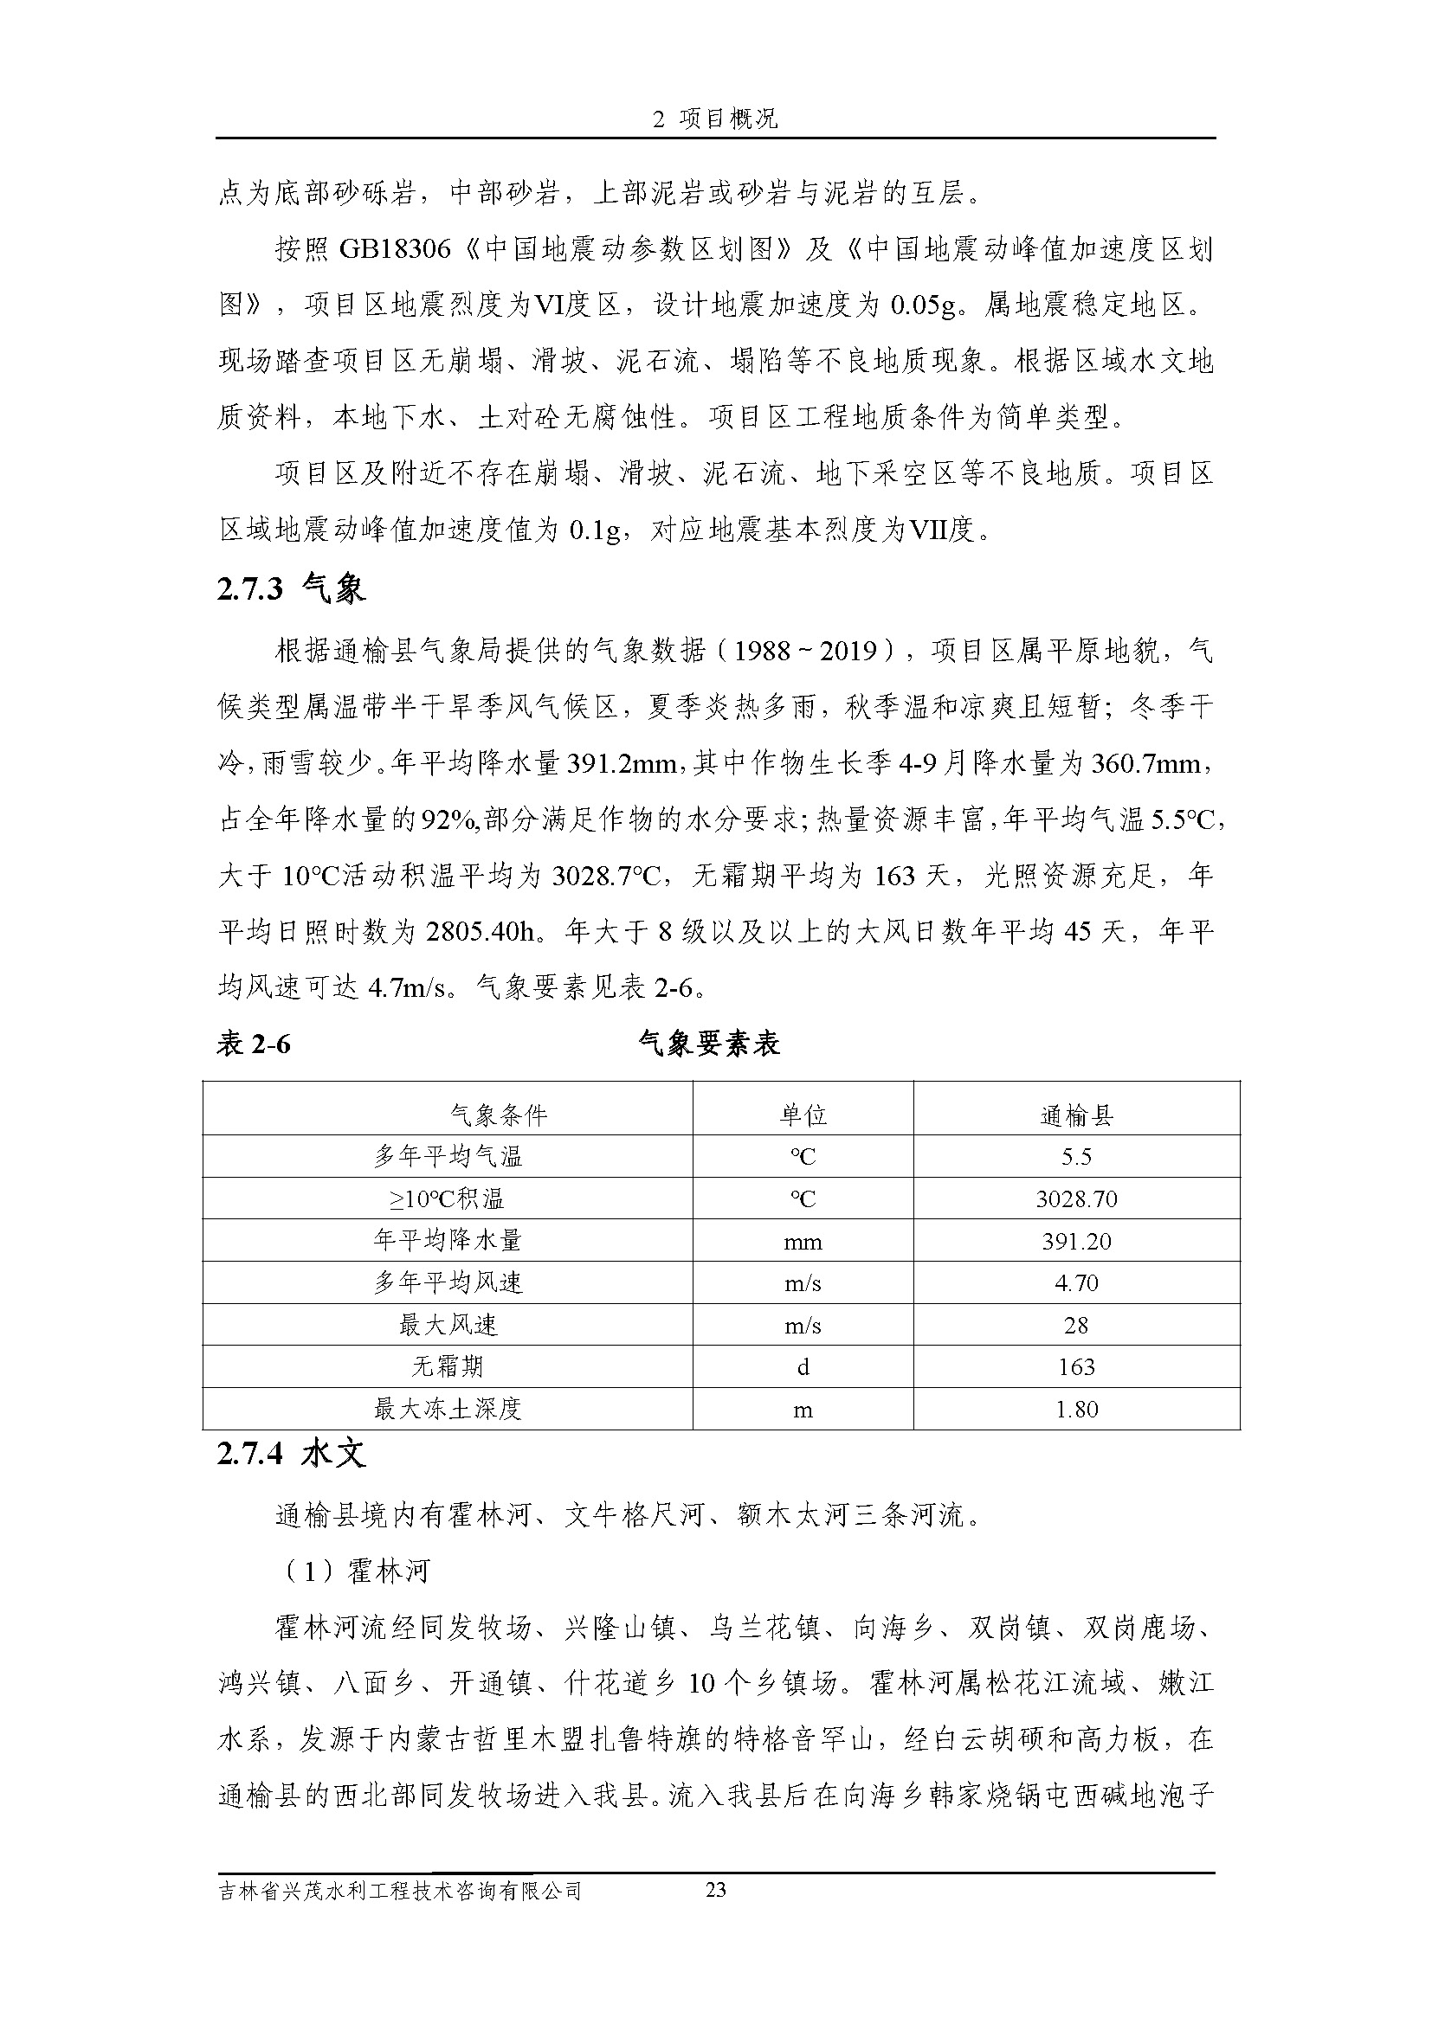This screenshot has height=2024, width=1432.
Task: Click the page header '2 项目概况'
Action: pos(715,119)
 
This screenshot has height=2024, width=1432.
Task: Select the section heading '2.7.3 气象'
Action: pos(291,589)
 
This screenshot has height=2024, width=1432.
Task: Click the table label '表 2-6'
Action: pos(254,1044)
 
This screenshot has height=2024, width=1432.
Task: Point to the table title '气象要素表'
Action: pos(709,1044)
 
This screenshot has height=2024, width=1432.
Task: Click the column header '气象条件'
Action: pos(498,1115)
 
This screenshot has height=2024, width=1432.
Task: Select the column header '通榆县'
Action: pos(1076,1115)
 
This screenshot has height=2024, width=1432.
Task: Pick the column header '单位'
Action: pos(803,1115)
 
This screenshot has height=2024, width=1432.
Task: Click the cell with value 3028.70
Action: pos(1076,1198)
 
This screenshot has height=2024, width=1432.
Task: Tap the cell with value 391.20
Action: pos(1076,1241)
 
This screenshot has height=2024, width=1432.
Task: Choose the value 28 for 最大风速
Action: pos(1076,1325)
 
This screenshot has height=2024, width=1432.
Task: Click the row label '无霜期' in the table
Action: pos(448,1366)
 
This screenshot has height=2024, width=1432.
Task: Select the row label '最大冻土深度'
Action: pos(448,1409)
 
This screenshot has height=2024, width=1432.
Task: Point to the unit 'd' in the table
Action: pos(803,1366)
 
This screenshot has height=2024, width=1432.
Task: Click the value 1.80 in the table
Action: pos(1076,1409)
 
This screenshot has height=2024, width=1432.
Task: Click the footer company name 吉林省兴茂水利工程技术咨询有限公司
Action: pos(400,1891)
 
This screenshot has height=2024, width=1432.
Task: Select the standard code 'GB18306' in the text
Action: pos(394,250)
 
